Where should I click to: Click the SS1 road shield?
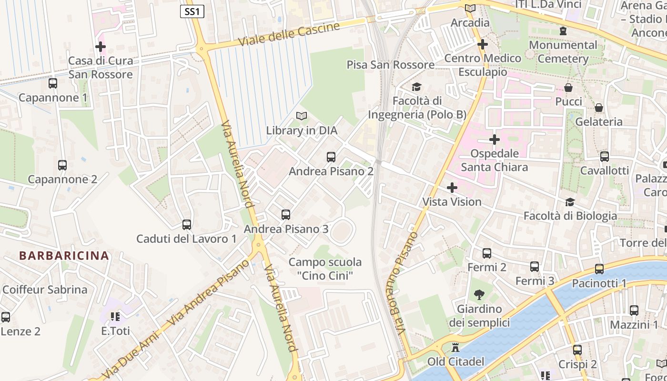click(x=192, y=11)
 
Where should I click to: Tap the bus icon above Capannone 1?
click(x=53, y=83)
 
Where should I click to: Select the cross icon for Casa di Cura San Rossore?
click(x=101, y=47)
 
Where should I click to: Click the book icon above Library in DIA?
click(x=302, y=116)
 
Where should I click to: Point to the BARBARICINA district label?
click(x=64, y=255)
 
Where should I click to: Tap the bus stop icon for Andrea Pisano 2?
click(x=331, y=157)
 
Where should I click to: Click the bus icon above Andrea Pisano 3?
click(x=286, y=215)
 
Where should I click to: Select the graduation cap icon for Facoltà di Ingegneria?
click(x=417, y=87)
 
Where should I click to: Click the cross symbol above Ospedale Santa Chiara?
click(x=495, y=140)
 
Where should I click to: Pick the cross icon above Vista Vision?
click(x=452, y=188)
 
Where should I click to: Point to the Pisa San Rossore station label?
click(x=390, y=65)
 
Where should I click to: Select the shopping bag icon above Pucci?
click(x=568, y=88)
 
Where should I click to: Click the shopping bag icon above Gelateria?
click(x=599, y=108)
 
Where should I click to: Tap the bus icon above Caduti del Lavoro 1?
click(x=187, y=224)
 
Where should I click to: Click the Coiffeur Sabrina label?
click(x=45, y=290)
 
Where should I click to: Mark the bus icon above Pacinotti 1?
click(x=599, y=269)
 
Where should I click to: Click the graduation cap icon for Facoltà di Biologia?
click(x=570, y=202)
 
